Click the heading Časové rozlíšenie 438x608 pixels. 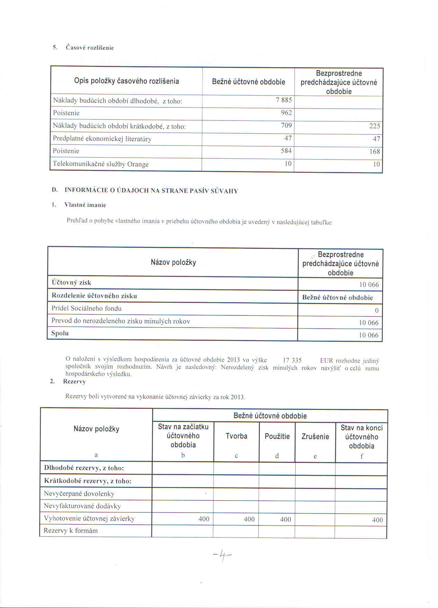point(90,48)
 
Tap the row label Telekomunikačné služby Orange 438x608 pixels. point(100,164)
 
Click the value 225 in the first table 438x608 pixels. point(374,126)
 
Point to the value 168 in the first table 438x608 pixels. point(374,152)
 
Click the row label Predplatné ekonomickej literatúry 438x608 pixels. point(102,139)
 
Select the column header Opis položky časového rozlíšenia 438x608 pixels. point(126,81)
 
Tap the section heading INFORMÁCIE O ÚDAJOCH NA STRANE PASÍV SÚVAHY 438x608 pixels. point(151,191)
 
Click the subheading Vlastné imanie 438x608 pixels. point(85,205)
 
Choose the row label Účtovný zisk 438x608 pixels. point(71,282)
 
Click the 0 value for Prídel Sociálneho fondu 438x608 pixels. point(377,311)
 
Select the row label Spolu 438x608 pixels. point(60,333)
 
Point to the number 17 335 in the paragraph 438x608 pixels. point(292,360)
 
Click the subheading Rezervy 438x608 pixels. point(74,381)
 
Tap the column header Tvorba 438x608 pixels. point(236,436)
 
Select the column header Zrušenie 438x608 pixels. point(315,437)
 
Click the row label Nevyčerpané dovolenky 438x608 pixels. point(79,493)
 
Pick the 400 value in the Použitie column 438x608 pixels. point(286,519)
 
